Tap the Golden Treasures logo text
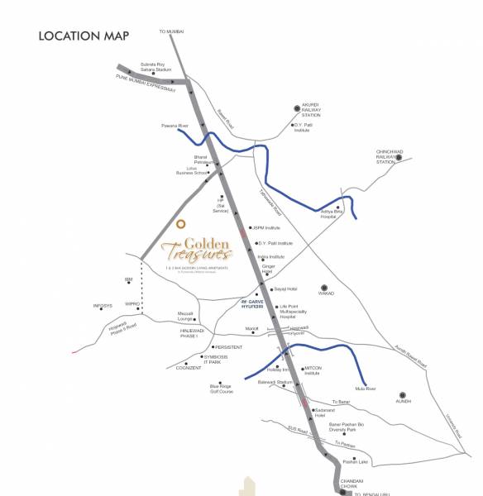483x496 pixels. (x=196, y=249)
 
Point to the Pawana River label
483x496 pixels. (x=174, y=126)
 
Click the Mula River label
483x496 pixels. (x=365, y=388)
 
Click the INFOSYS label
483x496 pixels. (x=103, y=306)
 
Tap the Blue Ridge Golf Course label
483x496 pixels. (x=221, y=389)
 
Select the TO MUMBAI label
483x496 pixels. (x=171, y=31)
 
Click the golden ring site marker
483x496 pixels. (x=180, y=223)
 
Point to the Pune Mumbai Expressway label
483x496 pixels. (x=146, y=83)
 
